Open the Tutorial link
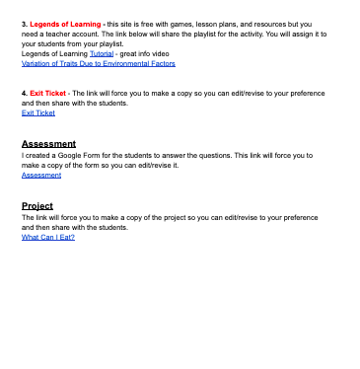tap(102, 53)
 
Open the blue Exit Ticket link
tap(37, 112)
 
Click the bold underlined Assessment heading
tap(48, 144)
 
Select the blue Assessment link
tap(40, 175)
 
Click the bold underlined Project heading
tap(37, 205)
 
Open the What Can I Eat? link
tap(48, 237)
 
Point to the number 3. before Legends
tap(24, 21)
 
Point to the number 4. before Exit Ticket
tap(24, 93)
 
